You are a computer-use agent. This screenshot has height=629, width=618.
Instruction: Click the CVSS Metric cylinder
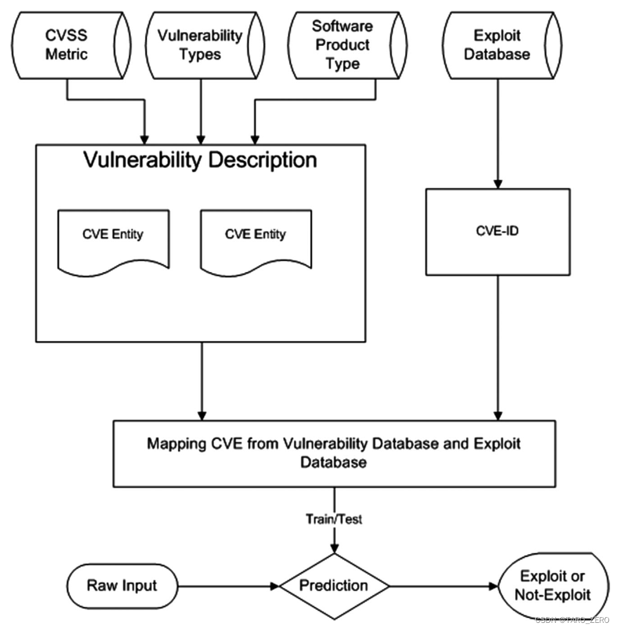(67, 45)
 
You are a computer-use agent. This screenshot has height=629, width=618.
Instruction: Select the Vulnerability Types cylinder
(200, 45)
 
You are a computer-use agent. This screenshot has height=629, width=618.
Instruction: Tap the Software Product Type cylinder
(342, 45)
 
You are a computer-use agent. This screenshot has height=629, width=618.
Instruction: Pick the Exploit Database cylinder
(497, 45)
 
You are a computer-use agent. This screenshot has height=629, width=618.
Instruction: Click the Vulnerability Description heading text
(200, 160)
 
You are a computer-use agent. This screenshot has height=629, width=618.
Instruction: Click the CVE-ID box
(497, 231)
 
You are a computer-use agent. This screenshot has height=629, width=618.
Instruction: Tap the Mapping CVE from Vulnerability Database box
(334, 453)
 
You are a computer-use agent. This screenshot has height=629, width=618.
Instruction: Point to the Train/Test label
(334, 519)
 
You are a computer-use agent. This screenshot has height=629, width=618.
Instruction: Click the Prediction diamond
(334, 585)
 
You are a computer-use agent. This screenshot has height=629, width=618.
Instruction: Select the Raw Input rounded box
(122, 585)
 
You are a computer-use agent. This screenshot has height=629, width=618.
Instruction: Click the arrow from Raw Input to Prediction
(229, 586)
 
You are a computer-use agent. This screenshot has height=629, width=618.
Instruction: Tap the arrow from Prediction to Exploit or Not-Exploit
(444, 586)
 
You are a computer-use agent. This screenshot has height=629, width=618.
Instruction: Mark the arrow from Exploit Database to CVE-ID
(497, 134)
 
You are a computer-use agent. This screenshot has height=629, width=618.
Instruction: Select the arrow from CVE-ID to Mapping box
(497, 346)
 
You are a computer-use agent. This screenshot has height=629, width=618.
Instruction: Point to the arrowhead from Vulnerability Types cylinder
(201, 139)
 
